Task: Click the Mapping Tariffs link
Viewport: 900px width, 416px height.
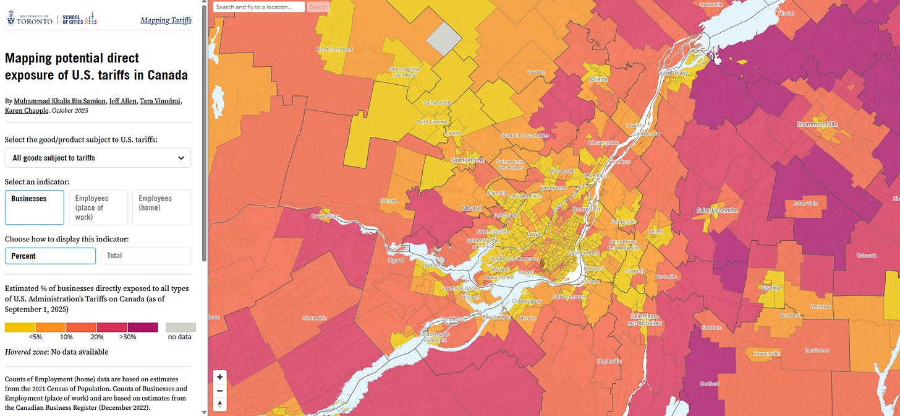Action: [x=166, y=20]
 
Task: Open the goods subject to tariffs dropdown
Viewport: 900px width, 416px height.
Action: [x=98, y=158]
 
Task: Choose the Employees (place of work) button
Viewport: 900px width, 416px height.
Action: [x=98, y=207]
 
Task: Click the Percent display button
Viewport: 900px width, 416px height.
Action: [x=50, y=256]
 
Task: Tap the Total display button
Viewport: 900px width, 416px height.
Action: [x=146, y=256]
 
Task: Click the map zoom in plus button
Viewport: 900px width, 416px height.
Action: [x=219, y=377]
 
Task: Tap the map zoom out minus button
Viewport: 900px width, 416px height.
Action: [x=219, y=391]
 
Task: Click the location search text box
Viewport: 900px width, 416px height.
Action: [x=259, y=7]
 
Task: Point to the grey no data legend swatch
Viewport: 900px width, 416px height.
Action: [x=180, y=327]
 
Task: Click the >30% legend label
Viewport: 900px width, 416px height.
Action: [x=127, y=337]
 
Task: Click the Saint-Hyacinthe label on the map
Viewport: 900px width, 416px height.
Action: [x=717, y=210]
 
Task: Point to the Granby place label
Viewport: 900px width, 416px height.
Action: [x=771, y=288]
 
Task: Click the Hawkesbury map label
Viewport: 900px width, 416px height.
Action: [x=326, y=216]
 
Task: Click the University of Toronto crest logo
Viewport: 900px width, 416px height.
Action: [x=11, y=20]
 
